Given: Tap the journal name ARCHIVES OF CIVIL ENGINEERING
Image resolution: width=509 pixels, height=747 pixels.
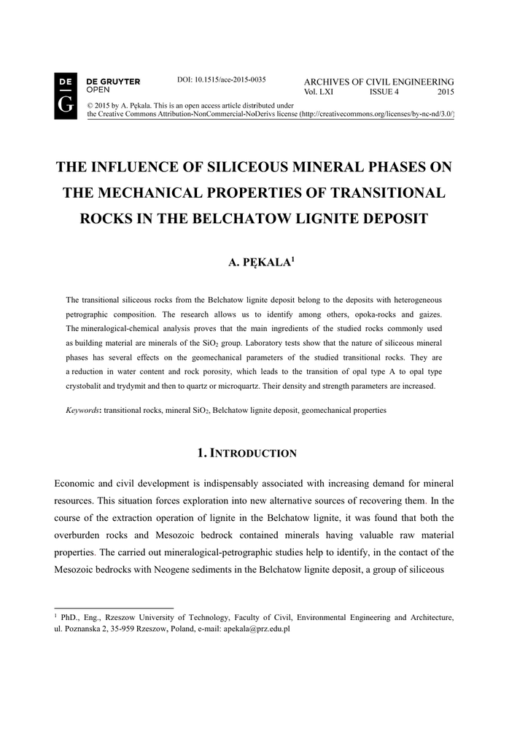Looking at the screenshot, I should coord(378,82).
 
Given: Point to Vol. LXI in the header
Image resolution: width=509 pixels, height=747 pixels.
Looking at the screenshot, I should coord(319,93).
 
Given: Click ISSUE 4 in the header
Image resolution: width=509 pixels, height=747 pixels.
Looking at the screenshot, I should coord(384,93).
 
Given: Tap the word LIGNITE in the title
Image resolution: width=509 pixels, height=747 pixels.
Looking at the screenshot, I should coord(312,220).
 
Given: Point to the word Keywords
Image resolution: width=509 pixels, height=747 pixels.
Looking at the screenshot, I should coord(82,411).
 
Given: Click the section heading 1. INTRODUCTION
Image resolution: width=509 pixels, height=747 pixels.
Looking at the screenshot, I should coord(247,454).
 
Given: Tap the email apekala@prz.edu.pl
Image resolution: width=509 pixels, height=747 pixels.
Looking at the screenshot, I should coord(257,628).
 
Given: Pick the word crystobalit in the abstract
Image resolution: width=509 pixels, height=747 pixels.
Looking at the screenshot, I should coord(85,386).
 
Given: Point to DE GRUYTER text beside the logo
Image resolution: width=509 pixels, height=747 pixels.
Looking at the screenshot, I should coord(113,82).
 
